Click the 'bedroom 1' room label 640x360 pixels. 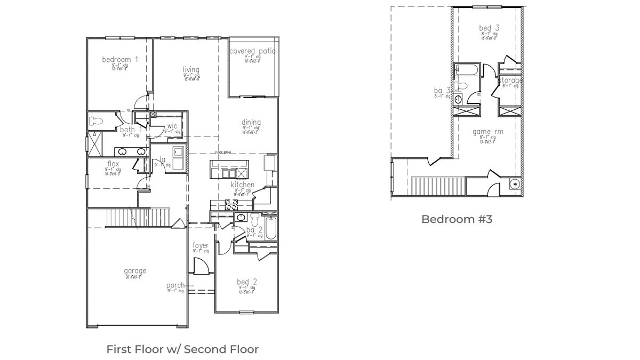click(120, 60)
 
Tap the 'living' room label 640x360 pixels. click(191, 70)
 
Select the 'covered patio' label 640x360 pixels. click(252, 51)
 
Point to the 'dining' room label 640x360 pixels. click(251, 122)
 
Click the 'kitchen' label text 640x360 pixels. click(242, 185)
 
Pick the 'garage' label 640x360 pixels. click(135, 271)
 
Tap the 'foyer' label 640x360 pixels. click(201, 245)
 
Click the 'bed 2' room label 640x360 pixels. click(247, 282)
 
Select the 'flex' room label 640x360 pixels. click(113, 164)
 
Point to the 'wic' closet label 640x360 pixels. click(172, 126)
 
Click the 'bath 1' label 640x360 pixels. click(131, 130)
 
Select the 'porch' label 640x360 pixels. click(175, 285)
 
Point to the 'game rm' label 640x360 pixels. click(487, 131)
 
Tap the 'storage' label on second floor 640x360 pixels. click(510, 80)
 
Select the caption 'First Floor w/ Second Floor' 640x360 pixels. click(182, 349)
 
